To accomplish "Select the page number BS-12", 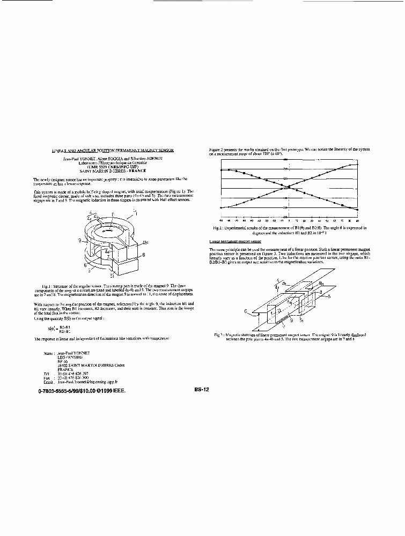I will pyautogui.click(x=202, y=390).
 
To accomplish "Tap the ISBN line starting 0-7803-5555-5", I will pyautogui.click(x=82, y=391).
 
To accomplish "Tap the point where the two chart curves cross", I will pyautogui.click(x=288, y=187).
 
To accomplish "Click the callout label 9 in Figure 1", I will pyautogui.click(x=79, y=241).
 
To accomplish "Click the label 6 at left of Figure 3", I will pyautogui.click(x=245, y=310).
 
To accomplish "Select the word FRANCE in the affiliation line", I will pyautogui.click(x=120, y=171).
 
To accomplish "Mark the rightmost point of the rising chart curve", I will pyautogui.click(x=357, y=164).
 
